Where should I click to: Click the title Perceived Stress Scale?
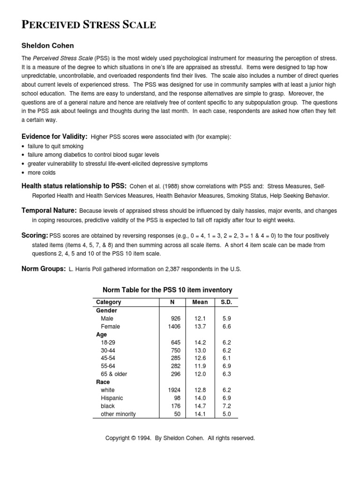[x=89, y=25]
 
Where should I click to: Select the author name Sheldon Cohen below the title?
[x=48, y=46]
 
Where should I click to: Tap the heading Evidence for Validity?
[x=54, y=136]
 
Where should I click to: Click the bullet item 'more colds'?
[x=41, y=172]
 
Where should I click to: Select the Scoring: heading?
[x=35, y=235]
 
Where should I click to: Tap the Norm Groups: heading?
[x=44, y=269]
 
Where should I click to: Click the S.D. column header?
[x=226, y=302]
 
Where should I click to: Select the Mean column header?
[x=200, y=302]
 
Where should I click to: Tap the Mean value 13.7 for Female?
[x=200, y=326]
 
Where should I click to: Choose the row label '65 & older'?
[x=114, y=374]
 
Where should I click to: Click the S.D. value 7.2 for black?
[x=226, y=406]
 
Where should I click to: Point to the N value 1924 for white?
[x=173, y=390]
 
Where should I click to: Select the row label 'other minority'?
[x=118, y=414]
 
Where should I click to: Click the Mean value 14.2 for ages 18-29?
[x=200, y=342]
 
